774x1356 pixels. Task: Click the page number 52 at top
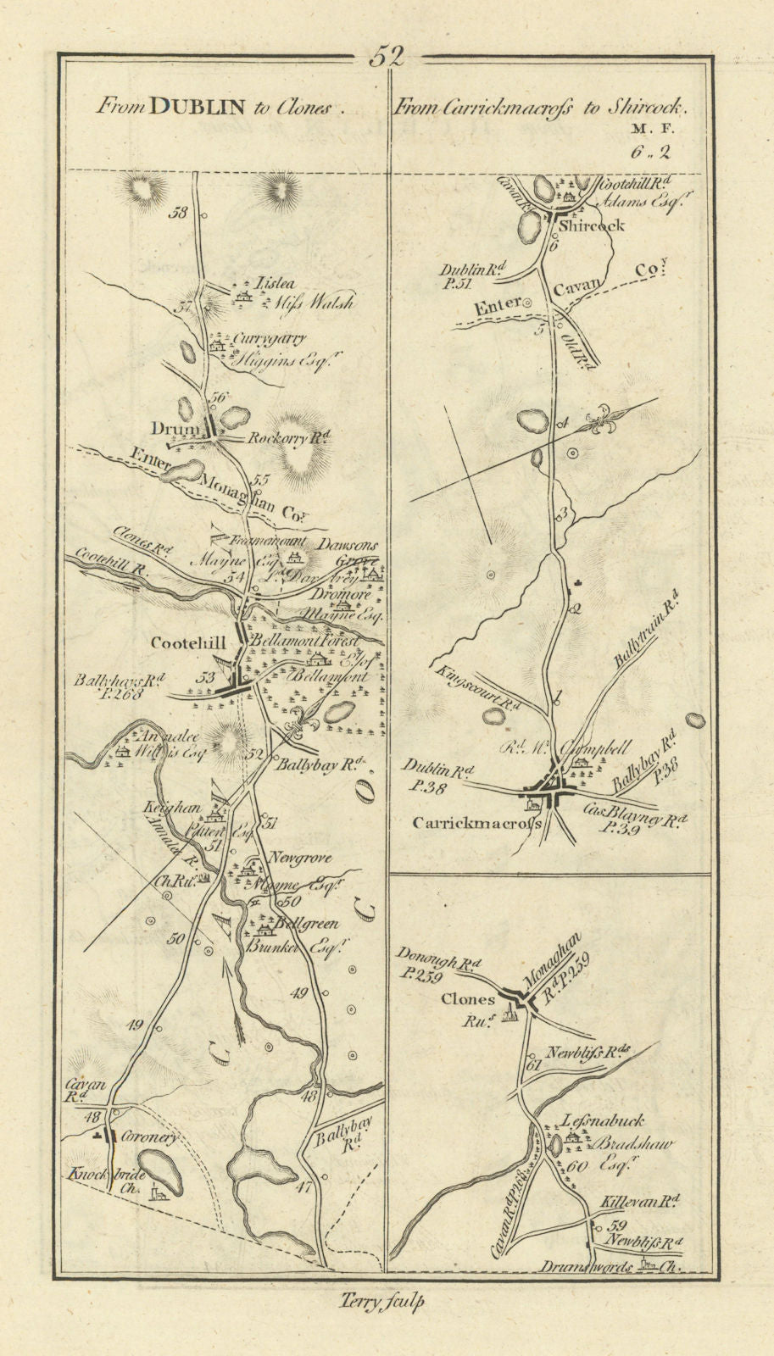387,57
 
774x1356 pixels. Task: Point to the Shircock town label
592,225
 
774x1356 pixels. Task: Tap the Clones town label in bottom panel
468,999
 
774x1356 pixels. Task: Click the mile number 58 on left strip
178,214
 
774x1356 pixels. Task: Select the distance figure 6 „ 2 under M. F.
649,153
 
